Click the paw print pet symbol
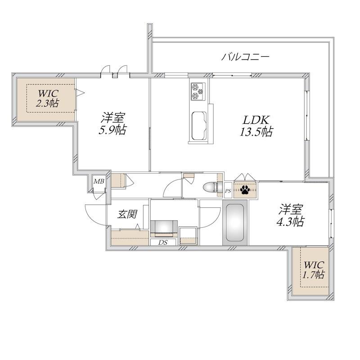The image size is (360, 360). coord(245,189)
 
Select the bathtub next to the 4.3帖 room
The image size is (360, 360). coord(234,222)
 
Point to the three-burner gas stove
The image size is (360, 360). coord(198,91)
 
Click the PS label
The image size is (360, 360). coord(228,190)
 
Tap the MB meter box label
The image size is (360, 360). coord(99,182)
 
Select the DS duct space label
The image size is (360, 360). coord(163,242)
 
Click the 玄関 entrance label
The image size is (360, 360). coord(127,214)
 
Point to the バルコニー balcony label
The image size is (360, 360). coord(245,57)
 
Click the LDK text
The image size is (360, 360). coord(256,120)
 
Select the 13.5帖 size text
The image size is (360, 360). coord(256,132)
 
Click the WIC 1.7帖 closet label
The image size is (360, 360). coord(313,270)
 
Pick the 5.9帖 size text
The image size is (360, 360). coord(112,130)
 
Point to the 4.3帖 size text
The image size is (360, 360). coord(290,221)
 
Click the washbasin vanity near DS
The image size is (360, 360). coord(164,229)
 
